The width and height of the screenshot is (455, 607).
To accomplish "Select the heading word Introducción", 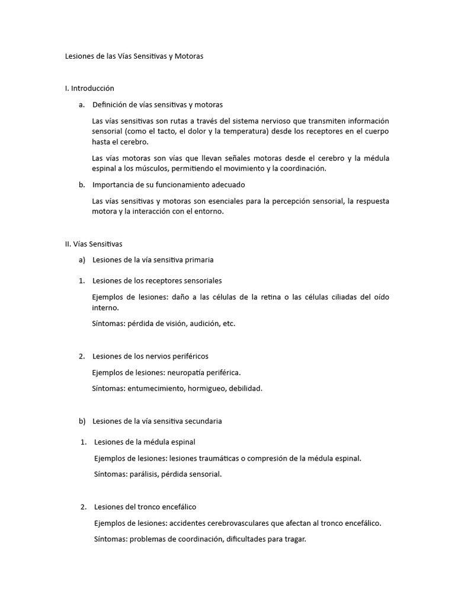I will pyautogui.click(x=92, y=88).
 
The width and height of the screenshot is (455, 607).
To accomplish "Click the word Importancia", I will pyautogui.click(x=114, y=185).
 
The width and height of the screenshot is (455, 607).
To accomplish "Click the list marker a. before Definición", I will pyautogui.click(x=82, y=105).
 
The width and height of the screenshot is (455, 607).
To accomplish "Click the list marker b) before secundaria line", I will pyautogui.click(x=82, y=421).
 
